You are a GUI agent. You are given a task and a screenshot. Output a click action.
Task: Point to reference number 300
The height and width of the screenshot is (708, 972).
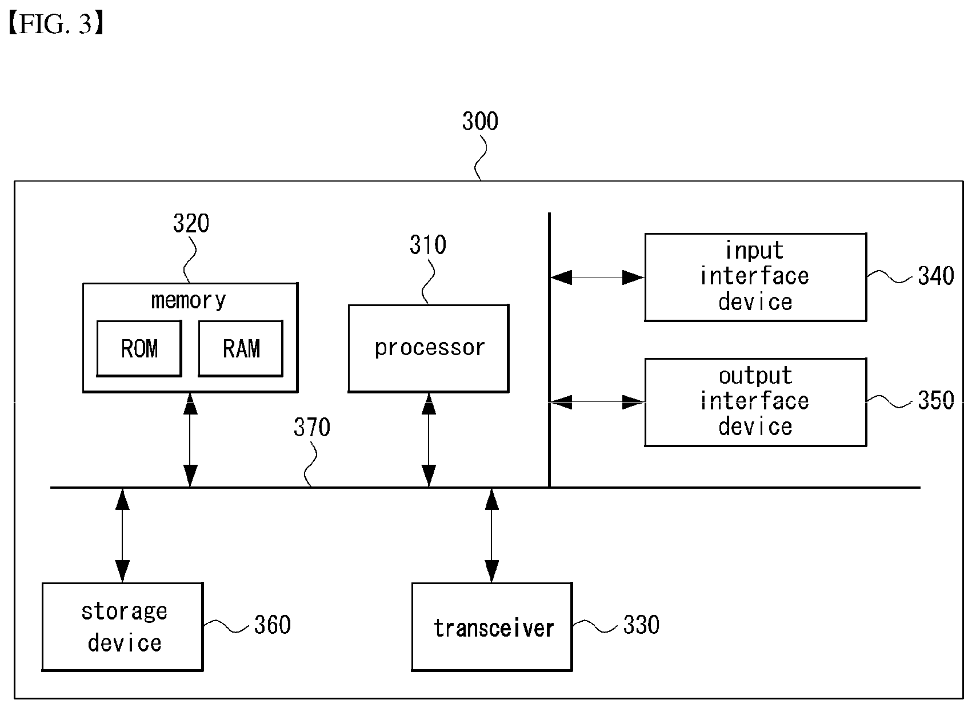(480, 121)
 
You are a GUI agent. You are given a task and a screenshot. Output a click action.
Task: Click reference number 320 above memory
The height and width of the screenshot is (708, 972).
(191, 223)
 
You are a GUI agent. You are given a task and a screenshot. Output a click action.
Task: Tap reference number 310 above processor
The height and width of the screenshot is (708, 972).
(428, 245)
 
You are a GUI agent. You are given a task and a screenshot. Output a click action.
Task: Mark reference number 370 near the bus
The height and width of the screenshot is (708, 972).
(311, 427)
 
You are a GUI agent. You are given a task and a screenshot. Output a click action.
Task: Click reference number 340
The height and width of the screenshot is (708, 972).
(936, 276)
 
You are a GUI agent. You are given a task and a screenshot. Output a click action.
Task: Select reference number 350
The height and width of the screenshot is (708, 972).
(936, 400)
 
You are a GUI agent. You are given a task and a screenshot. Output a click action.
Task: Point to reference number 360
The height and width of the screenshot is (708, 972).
(272, 625)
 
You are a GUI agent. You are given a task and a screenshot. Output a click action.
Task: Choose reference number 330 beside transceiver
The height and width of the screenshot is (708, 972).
(641, 625)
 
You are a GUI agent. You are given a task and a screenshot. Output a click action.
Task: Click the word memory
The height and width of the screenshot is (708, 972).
(189, 300)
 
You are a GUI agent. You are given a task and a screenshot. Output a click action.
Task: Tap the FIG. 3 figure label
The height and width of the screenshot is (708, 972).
(56, 23)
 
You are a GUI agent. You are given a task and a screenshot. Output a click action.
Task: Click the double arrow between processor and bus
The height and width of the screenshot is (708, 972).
(429, 440)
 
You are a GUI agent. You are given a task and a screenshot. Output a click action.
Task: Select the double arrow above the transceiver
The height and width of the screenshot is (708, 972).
(491, 536)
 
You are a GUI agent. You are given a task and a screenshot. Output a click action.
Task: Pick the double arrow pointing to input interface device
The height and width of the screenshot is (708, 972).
(597, 277)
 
